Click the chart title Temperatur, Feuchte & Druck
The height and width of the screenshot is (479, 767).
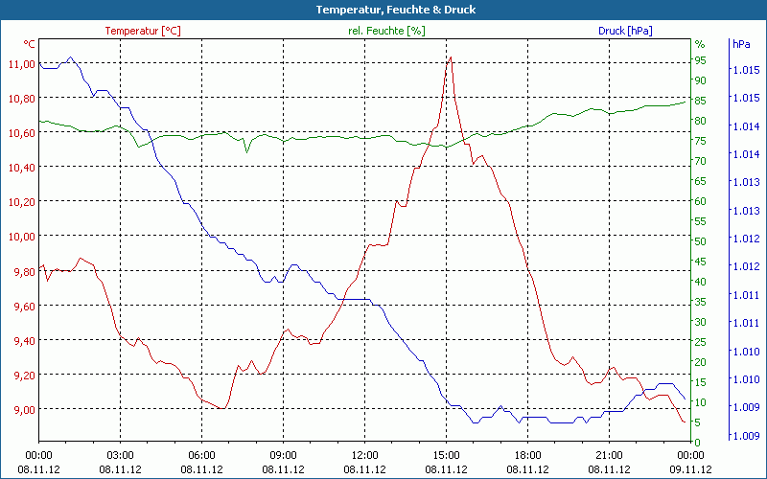click(383, 10)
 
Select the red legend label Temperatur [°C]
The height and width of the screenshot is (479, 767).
click(143, 31)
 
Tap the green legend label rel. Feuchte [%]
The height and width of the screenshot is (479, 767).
click(386, 31)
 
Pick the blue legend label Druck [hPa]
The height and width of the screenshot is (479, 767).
click(625, 31)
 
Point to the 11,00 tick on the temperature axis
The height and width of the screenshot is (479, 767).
click(21, 63)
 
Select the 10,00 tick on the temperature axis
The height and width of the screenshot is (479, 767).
click(21, 236)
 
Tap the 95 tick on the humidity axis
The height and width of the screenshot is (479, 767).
click(701, 59)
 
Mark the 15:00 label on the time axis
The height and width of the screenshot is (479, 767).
click(447, 455)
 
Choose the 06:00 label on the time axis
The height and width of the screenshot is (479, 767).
click(202, 455)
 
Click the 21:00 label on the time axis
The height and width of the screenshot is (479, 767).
click(610, 455)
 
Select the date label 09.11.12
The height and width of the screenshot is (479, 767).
click(691, 469)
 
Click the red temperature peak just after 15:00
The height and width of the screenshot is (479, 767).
click(450, 57)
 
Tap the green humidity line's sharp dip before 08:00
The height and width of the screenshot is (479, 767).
click(246, 151)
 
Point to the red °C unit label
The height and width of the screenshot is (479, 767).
click(30, 44)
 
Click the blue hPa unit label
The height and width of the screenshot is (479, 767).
click(741, 44)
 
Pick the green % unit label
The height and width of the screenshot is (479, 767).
click(699, 44)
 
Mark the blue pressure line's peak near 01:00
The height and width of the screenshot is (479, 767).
click(70, 57)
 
